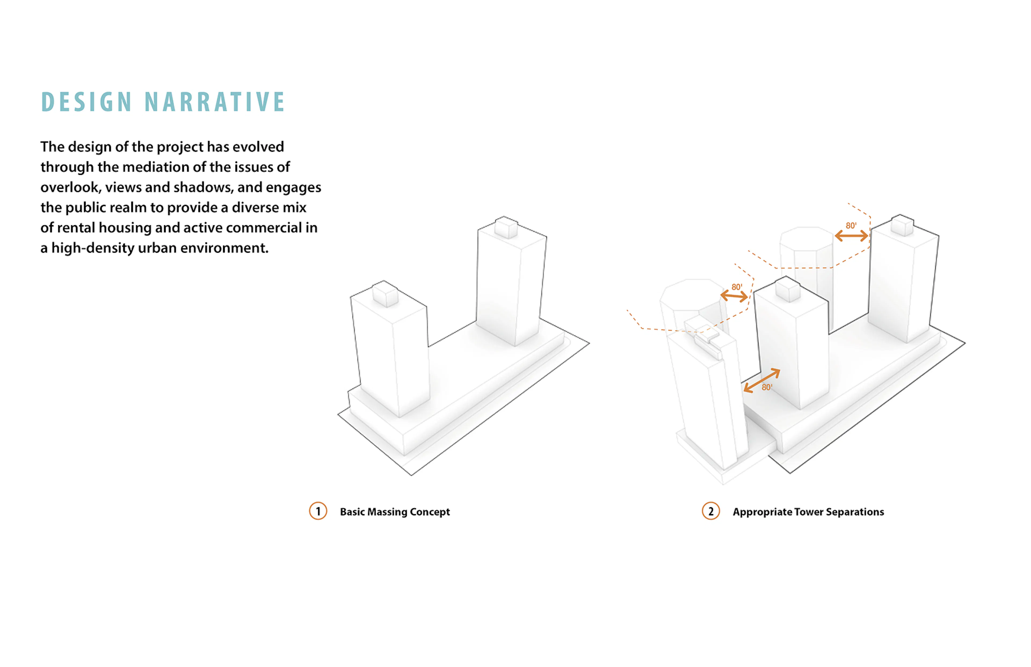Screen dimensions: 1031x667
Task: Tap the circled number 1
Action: [x=318, y=511]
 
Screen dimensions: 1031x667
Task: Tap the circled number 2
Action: [x=711, y=511]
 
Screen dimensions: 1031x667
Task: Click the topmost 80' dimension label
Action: [x=851, y=226]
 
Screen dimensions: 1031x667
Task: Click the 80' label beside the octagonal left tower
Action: [x=736, y=287]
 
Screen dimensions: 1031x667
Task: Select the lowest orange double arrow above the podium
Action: [x=762, y=381]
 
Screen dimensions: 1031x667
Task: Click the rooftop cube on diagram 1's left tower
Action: [x=385, y=294]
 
